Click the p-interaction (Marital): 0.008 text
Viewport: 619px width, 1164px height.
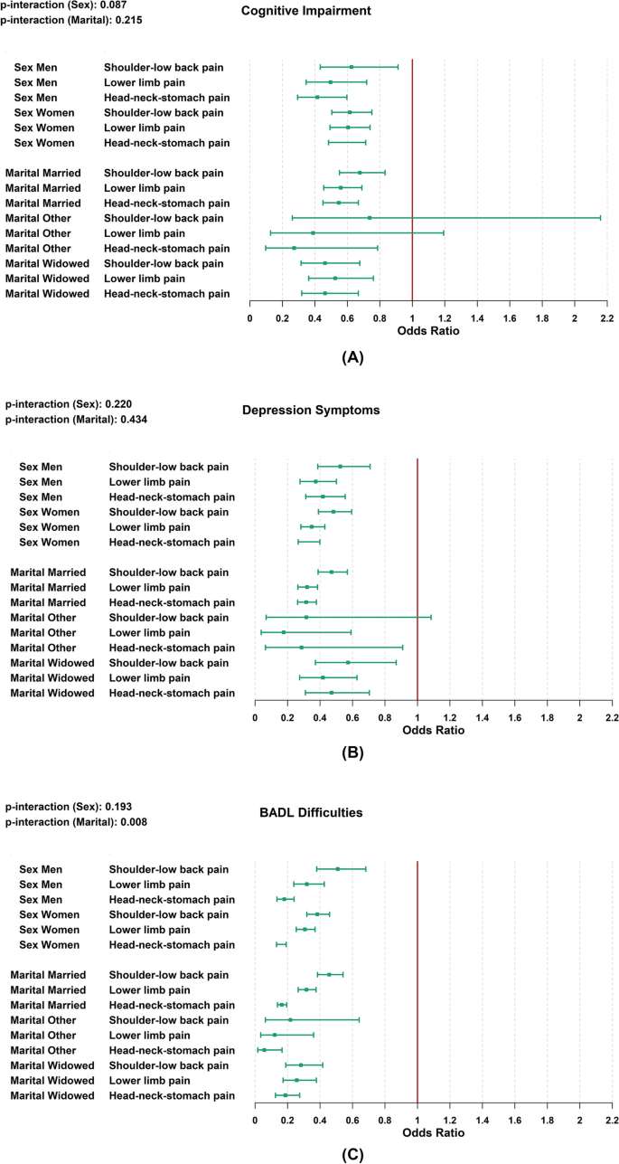tap(76, 822)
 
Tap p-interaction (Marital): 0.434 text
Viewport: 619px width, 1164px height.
tap(76, 420)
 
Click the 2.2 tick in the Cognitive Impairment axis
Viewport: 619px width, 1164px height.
tap(606, 318)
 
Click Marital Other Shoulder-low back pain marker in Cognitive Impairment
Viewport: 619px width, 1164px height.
tap(370, 218)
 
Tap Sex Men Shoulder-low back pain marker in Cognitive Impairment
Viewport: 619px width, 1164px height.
tap(352, 67)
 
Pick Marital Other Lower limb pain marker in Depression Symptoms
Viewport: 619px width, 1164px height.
tap(284, 632)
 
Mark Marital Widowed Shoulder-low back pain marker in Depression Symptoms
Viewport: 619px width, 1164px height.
tap(348, 662)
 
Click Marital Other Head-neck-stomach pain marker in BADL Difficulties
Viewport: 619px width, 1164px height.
tap(265, 1050)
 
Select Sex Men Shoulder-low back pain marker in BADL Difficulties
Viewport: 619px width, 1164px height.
tap(338, 869)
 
